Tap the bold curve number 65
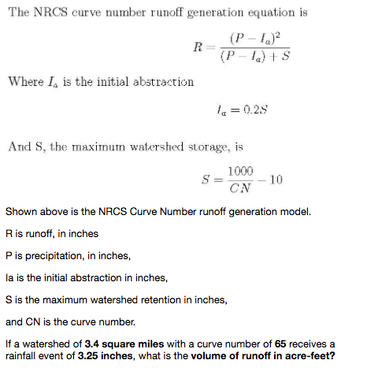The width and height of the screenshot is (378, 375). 280,344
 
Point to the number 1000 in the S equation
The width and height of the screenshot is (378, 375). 242,173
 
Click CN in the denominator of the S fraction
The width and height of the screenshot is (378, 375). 241,188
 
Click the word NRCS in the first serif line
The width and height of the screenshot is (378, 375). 51,13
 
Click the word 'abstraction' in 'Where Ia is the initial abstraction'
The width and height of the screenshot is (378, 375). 161,81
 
